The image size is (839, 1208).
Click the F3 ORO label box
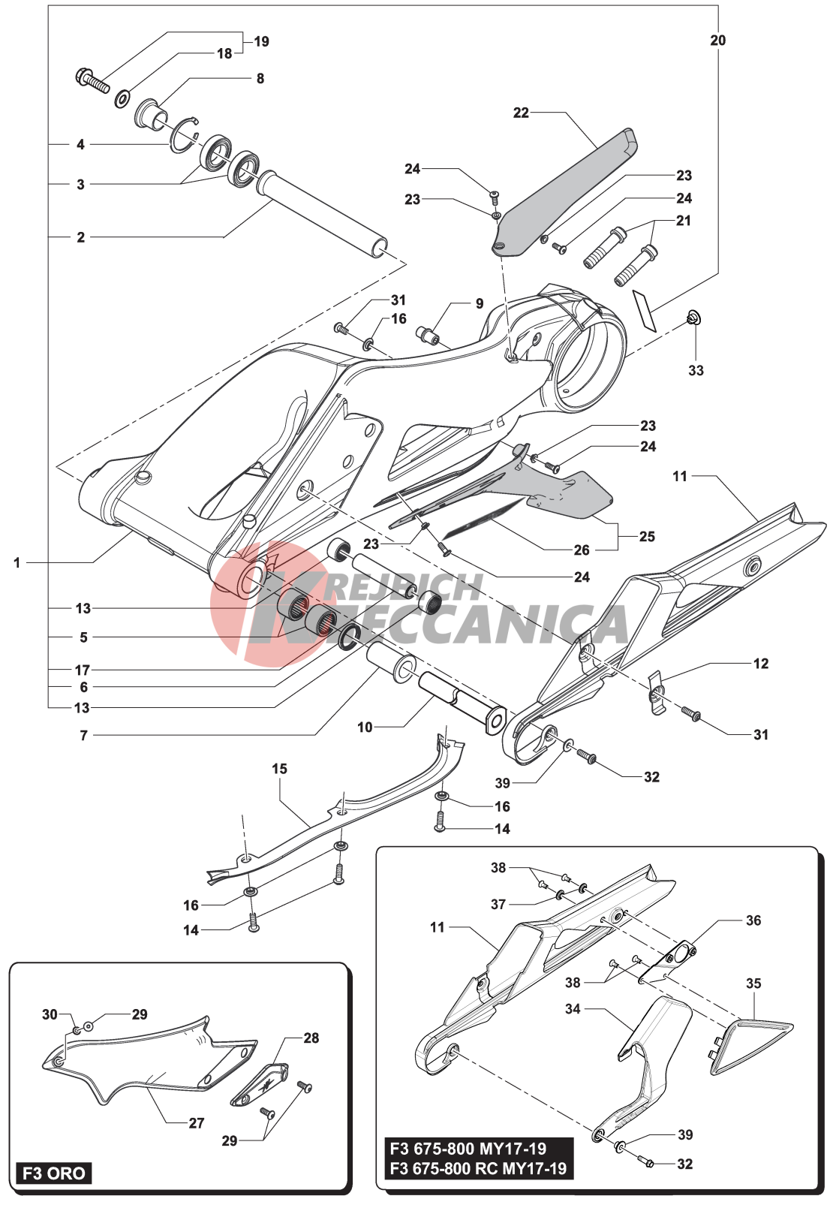pyautogui.click(x=53, y=1173)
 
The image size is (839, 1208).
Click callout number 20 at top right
pyautogui.click(x=717, y=41)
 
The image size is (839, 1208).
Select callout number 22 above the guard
pyautogui.click(x=521, y=113)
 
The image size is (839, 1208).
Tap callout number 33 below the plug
pyautogui.click(x=696, y=370)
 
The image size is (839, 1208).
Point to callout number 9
pyautogui.click(x=480, y=304)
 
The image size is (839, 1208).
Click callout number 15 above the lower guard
pyautogui.click(x=279, y=769)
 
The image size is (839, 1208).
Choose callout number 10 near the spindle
pyautogui.click(x=365, y=727)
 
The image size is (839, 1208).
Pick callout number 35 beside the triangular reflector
pyautogui.click(x=753, y=983)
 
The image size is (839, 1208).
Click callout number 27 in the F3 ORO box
pyautogui.click(x=197, y=1123)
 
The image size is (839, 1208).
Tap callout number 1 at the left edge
pyautogui.click(x=17, y=562)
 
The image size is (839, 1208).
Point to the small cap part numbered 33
pyautogui.click(x=694, y=319)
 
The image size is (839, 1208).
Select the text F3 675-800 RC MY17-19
pyautogui.click(x=477, y=1168)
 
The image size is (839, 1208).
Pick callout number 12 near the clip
pyautogui.click(x=760, y=664)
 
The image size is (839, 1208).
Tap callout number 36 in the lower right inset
pyautogui.click(x=753, y=920)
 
